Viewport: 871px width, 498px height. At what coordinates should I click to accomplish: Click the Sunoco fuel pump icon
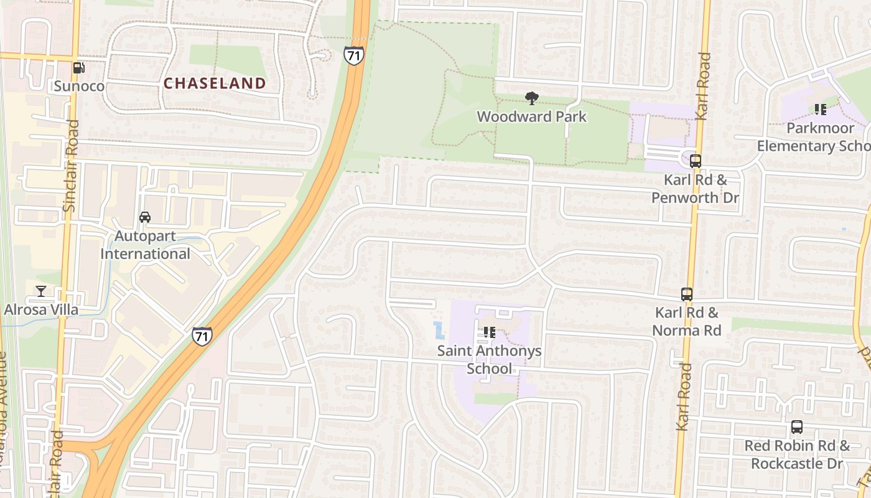(x=78, y=68)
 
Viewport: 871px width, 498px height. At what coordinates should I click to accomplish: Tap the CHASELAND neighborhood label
(x=215, y=83)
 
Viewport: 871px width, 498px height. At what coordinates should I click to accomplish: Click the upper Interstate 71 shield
(x=353, y=55)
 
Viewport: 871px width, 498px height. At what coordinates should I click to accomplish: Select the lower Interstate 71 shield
(x=202, y=336)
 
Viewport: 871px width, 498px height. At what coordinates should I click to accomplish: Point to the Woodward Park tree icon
(x=531, y=98)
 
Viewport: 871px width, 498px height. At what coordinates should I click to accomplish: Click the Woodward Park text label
(x=531, y=116)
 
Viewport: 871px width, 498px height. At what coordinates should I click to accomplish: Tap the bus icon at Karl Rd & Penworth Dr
(x=695, y=161)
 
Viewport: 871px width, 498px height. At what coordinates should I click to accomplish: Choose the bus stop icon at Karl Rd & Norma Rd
(x=687, y=294)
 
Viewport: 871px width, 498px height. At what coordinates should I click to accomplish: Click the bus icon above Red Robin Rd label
(x=797, y=427)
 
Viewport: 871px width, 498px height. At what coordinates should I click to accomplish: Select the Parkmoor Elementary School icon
(x=820, y=110)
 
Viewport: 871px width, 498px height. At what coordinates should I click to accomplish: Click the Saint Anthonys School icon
(x=489, y=332)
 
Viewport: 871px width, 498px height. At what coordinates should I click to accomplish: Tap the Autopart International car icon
(x=145, y=217)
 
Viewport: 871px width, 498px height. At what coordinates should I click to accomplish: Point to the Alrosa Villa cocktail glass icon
(x=41, y=291)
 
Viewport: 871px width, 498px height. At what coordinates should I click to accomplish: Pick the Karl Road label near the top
(x=703, y=86)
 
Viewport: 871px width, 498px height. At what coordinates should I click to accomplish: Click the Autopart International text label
(x=145, y=245)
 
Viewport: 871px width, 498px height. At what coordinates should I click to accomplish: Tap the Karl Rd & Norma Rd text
(x=687, y=321)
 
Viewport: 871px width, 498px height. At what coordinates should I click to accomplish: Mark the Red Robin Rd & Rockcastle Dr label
(x=797, y=454)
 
